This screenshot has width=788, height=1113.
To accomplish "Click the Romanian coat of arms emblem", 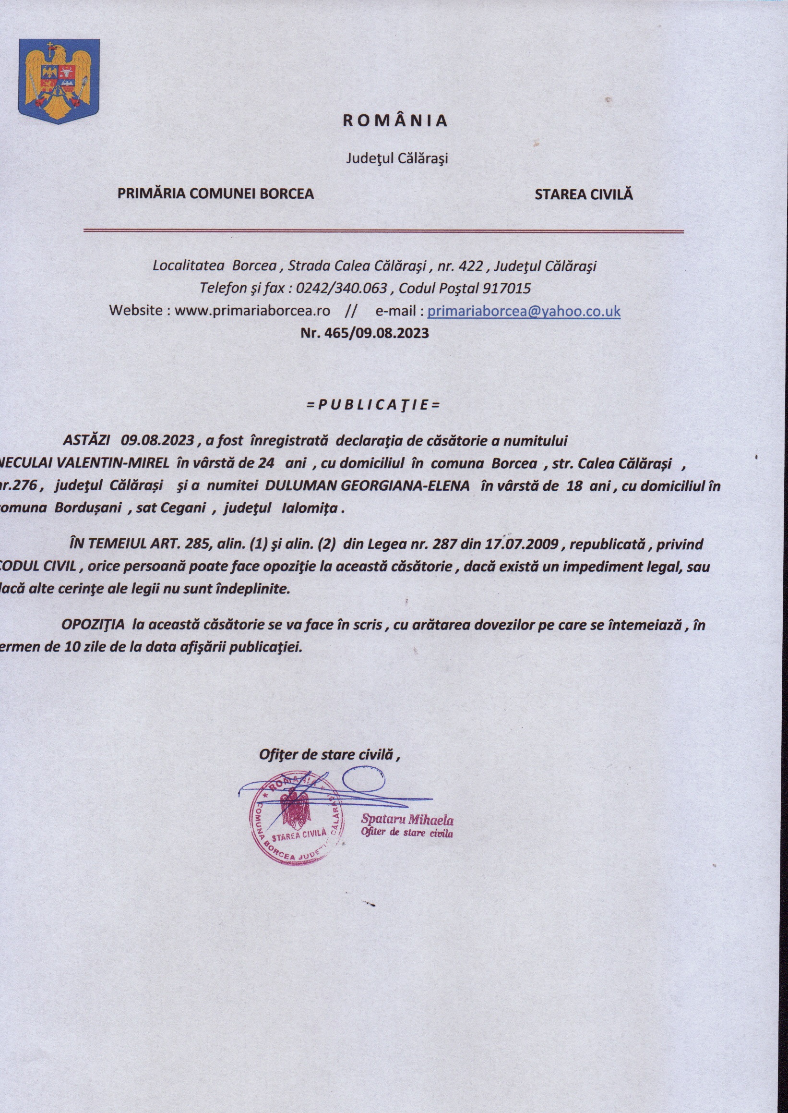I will tap(59, 81).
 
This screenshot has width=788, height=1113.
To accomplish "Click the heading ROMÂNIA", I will tap(394, 121).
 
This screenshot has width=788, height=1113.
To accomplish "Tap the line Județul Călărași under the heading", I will tap(396, 159).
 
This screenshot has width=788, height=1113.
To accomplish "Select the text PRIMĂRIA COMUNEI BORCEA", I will tap(215, 194).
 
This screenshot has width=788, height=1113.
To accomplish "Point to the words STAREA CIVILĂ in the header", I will tap(584, 194).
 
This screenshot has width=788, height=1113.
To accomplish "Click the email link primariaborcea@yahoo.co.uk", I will tap(524, 311).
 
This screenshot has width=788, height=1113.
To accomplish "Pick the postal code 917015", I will tap(506, 289).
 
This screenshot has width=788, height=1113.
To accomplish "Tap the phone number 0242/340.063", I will tap(341, 289).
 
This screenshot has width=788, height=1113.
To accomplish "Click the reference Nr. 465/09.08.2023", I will tap(365, 333).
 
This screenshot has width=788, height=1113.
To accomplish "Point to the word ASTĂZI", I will tap(86, 441).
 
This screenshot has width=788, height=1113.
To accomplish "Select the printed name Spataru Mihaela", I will tap(407, 820).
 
